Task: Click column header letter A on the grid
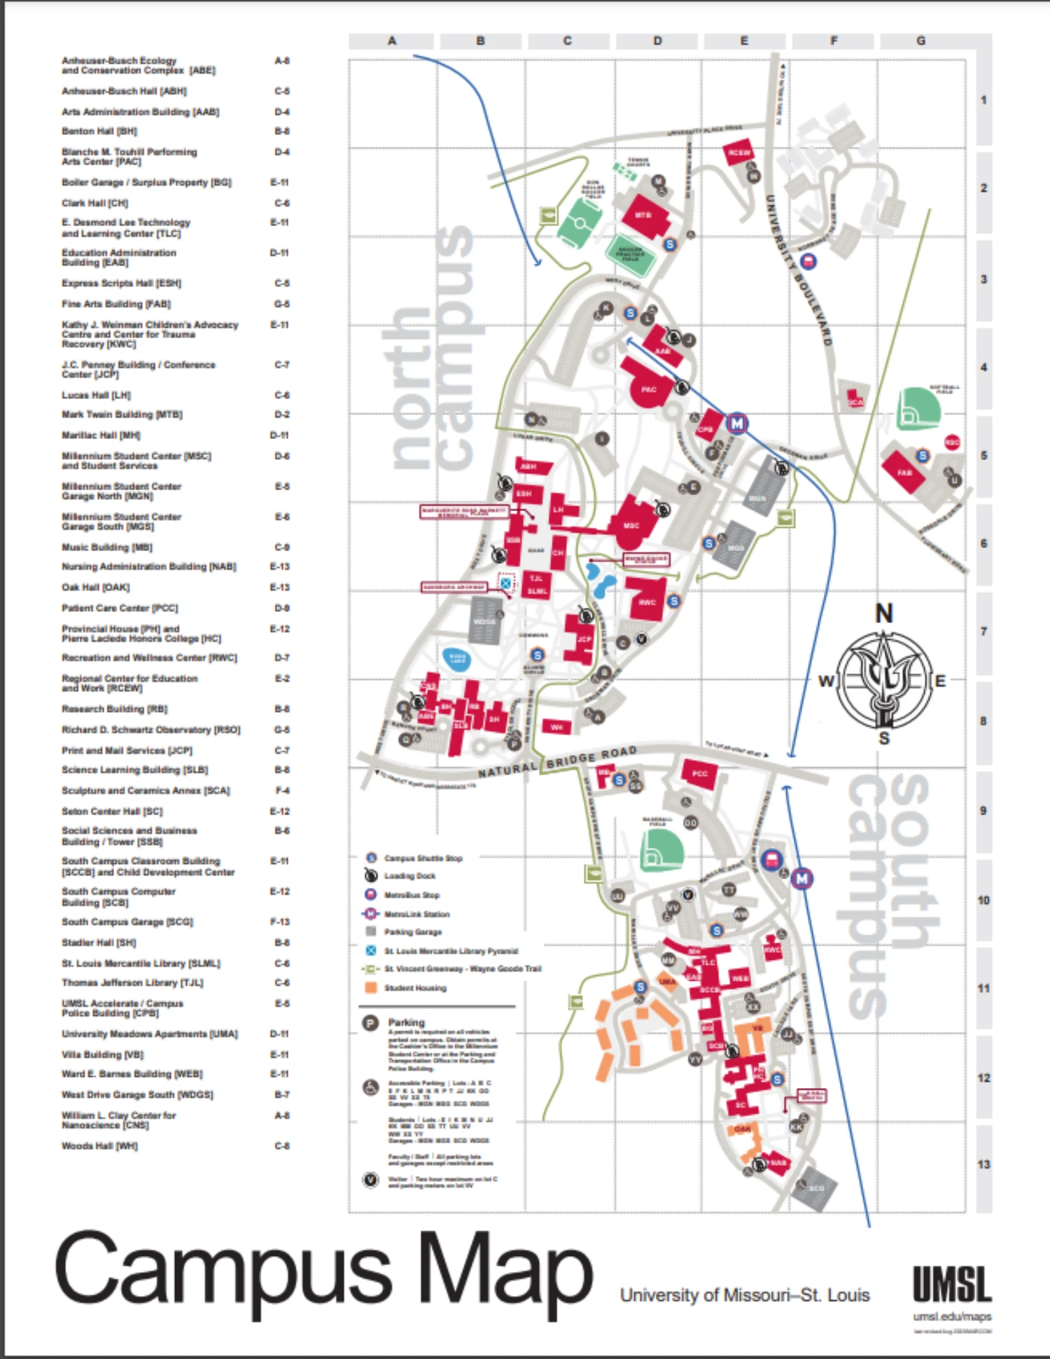pos(391,41)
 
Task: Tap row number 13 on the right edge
pos(983,1164)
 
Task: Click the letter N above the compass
pos(884,614)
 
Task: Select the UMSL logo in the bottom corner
pos(952,1284)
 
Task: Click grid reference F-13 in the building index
pos(280,922)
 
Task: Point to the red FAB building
pos(904,472)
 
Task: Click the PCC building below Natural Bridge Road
pos(699,774)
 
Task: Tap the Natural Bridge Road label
pos(557,761)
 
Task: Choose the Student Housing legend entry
pos(415,988)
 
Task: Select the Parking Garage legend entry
pos(412,932)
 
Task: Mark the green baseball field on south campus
pos(661,851)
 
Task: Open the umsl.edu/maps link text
pos(952,1317)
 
